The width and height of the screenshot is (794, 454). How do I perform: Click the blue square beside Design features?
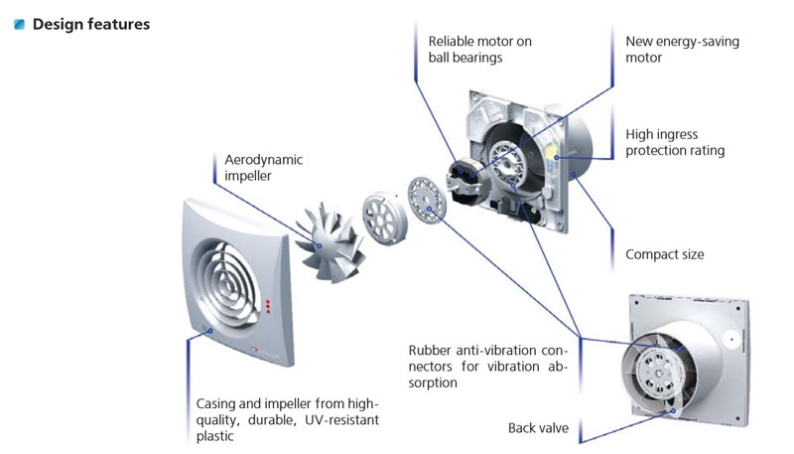20,24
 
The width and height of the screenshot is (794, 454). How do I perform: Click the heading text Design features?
91,24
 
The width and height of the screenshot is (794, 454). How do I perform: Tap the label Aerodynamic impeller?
263,168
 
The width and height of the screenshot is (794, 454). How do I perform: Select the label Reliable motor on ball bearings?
480,49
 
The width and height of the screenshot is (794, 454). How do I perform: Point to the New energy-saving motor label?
682,49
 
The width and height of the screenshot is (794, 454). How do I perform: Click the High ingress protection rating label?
675,142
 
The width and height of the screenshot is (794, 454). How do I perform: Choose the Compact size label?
664,254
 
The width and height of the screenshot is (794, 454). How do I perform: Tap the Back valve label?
538,428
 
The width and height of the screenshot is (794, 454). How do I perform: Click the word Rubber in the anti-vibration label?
430,350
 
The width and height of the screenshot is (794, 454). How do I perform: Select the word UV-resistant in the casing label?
341,420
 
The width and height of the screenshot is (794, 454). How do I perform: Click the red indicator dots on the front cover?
268,307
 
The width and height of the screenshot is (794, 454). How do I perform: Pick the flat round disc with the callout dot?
427,199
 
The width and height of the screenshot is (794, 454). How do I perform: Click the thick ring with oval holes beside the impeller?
385,217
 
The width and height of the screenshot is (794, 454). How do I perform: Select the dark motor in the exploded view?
465,181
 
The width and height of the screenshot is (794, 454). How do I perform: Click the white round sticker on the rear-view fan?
731,340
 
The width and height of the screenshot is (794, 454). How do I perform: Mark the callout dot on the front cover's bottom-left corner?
210,331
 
